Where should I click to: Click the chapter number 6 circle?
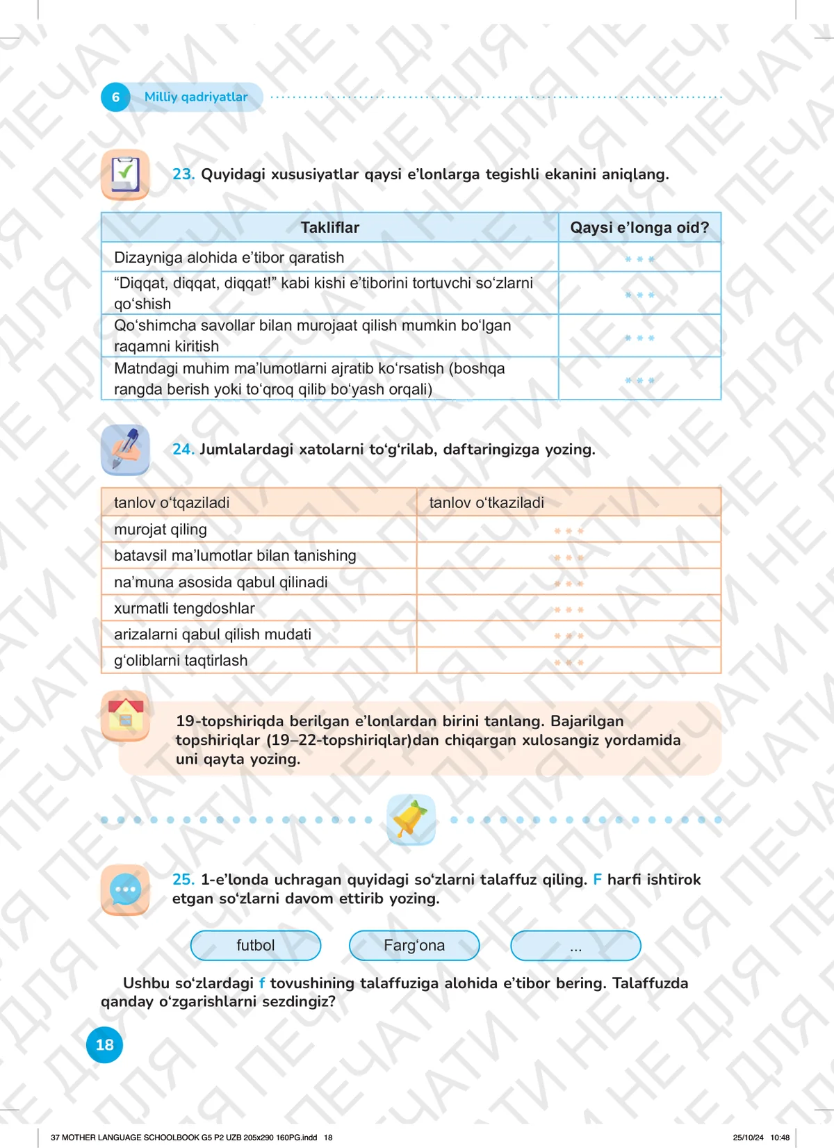point(115,97)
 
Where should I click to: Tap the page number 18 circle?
point(104,1044)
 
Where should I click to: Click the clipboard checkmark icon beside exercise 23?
point(125,174)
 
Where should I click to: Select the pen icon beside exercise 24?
point(125,450)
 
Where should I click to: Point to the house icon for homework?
point(125,716)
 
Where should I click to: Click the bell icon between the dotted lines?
point(411,820)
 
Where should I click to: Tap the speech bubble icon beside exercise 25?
point(125,889)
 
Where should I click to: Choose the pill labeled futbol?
point(256,945)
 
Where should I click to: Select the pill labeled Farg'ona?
point(414,945)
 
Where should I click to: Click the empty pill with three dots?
point(575,946)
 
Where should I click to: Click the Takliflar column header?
point(330,228)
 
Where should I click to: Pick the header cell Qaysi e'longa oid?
point(639,228)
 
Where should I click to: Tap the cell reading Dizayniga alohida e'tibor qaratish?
point(229,258)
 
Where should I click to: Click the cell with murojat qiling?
point(161,530)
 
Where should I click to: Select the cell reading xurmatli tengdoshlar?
point(184,608)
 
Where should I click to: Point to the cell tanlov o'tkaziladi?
point(486,502)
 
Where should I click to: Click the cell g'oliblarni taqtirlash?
point(181,660)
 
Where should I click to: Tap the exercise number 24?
point(183,450)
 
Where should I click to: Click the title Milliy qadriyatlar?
point(196,97)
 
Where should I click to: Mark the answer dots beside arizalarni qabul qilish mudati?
point(569,636)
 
